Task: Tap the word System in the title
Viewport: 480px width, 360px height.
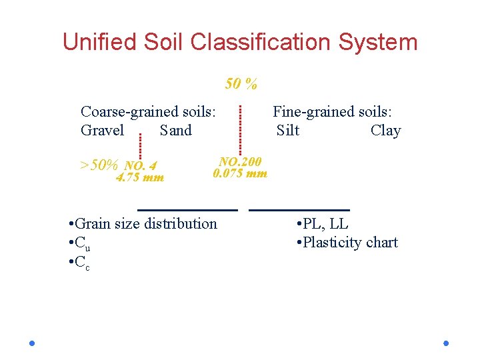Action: coord(383,42)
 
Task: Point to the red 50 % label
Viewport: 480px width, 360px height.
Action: coord(241,84)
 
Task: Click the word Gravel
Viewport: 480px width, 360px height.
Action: coord(102,130)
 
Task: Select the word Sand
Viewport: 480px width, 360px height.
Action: coord(176,130)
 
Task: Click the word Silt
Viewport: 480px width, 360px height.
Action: coord(288,130)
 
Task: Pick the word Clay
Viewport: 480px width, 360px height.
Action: coord(385,130)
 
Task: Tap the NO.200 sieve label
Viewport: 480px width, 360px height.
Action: coord(241,161)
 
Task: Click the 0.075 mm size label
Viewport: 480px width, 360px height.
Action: coord(240,173)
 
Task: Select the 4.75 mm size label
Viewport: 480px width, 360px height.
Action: coord(140,177)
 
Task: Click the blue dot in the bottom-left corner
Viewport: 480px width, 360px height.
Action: coord(32,343)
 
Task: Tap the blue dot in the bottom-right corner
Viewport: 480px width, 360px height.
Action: coord(446,343)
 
